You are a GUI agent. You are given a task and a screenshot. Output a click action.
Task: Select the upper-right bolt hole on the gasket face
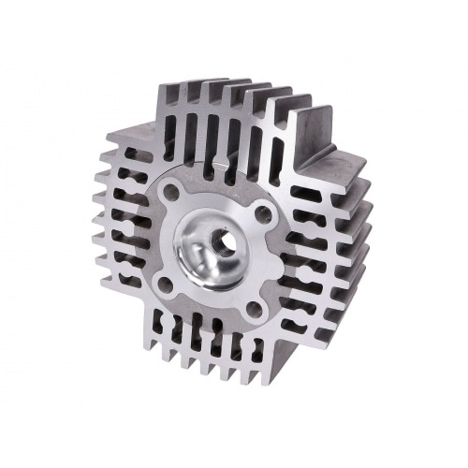tap(263, 212)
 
